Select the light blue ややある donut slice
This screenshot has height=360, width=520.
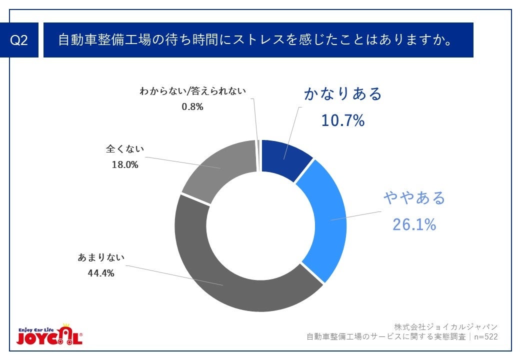(x=327, y=220)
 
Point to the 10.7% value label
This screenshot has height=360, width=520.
(x=342, y=120)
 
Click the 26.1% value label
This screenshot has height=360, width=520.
(x=414, y=224)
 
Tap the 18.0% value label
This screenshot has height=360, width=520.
(x=124, y=164)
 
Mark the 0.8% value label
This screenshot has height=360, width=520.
(x=192, y=106)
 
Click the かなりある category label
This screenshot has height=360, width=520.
(x=343, y=94)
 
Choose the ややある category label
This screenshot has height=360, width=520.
(x=414, y=198)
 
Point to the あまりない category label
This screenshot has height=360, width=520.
(x=101, y=258)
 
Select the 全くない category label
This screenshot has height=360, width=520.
(x=124, y=149)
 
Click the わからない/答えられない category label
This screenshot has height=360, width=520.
(x=193, y=91)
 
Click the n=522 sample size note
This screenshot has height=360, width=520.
(x=485, y=337)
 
